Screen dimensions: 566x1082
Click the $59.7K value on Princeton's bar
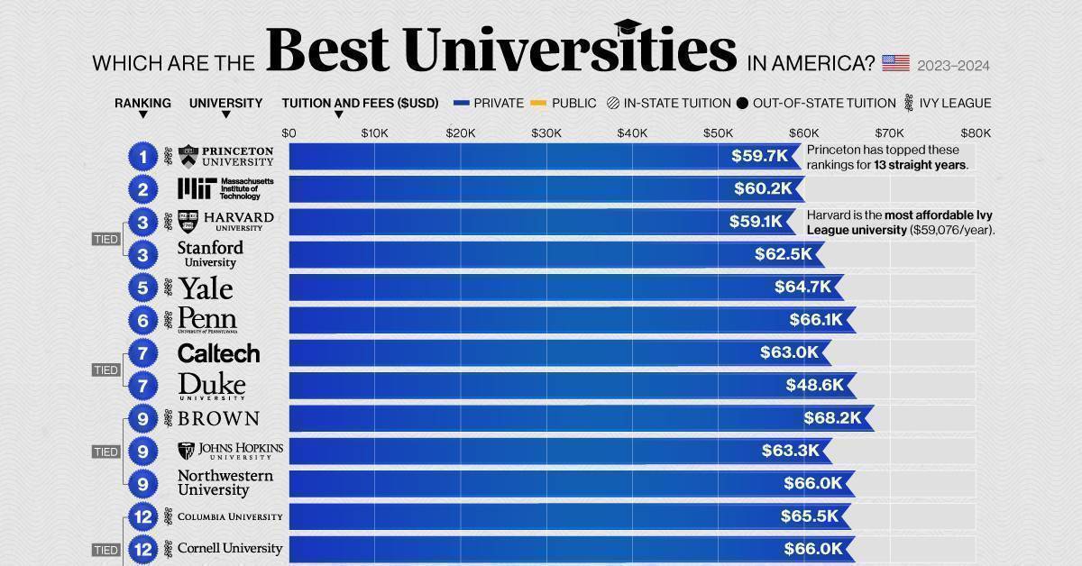tap(760, 156)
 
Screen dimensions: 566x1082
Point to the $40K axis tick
tap(631, 132)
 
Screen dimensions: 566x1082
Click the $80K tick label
tap(975, 132)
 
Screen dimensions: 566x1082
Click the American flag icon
tap(894, 63)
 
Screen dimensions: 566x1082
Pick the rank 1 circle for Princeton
tap(142, 157)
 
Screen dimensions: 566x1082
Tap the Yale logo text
tap(205, 288)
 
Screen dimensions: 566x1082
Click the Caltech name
tap(218, 353)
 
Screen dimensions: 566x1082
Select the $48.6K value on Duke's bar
tap(815, 385)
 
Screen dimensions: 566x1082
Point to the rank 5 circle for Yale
tap(142, 288)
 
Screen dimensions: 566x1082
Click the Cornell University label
tap(230, 548)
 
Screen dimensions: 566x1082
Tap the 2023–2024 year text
tap(954, 65)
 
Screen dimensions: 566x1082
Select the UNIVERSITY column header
tap(225, 103)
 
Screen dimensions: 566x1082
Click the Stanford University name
tap(210, 254)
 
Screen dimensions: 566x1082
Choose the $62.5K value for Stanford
tap(784, 254)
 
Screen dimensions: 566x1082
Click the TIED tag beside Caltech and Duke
tap(105, 370)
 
